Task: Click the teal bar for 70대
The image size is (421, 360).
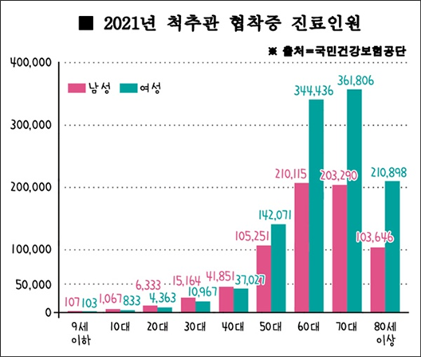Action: pos(354,201)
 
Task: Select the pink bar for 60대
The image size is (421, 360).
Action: pos(301,248)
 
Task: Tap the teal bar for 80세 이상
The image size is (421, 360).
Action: pos(392,247)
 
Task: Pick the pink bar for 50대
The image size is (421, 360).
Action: pos(264,279)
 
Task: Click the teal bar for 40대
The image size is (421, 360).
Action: pos(241,300)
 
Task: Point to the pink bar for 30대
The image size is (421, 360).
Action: pos(188,305)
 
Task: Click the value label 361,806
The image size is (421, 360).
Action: pos(356,80)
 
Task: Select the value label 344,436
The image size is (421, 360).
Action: pos(313,91)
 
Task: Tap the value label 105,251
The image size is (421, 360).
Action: pos(252,236)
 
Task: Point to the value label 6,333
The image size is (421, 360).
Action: pos(148,285)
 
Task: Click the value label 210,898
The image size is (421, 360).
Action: pos(388,173)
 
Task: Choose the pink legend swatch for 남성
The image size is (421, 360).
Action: pos(77,88)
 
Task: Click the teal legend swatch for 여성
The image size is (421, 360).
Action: pos(128,88)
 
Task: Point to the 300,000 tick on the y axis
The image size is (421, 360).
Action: pos(31,125)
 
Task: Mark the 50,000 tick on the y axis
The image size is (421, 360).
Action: pos(33,284)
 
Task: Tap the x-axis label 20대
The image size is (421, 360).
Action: pos(158,327)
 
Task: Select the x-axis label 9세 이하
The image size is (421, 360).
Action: pos(81,333)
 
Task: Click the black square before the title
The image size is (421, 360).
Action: pos(86,23)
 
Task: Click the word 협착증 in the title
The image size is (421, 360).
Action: pos(255,23)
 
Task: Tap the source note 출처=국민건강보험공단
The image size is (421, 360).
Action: pos(344,51)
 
